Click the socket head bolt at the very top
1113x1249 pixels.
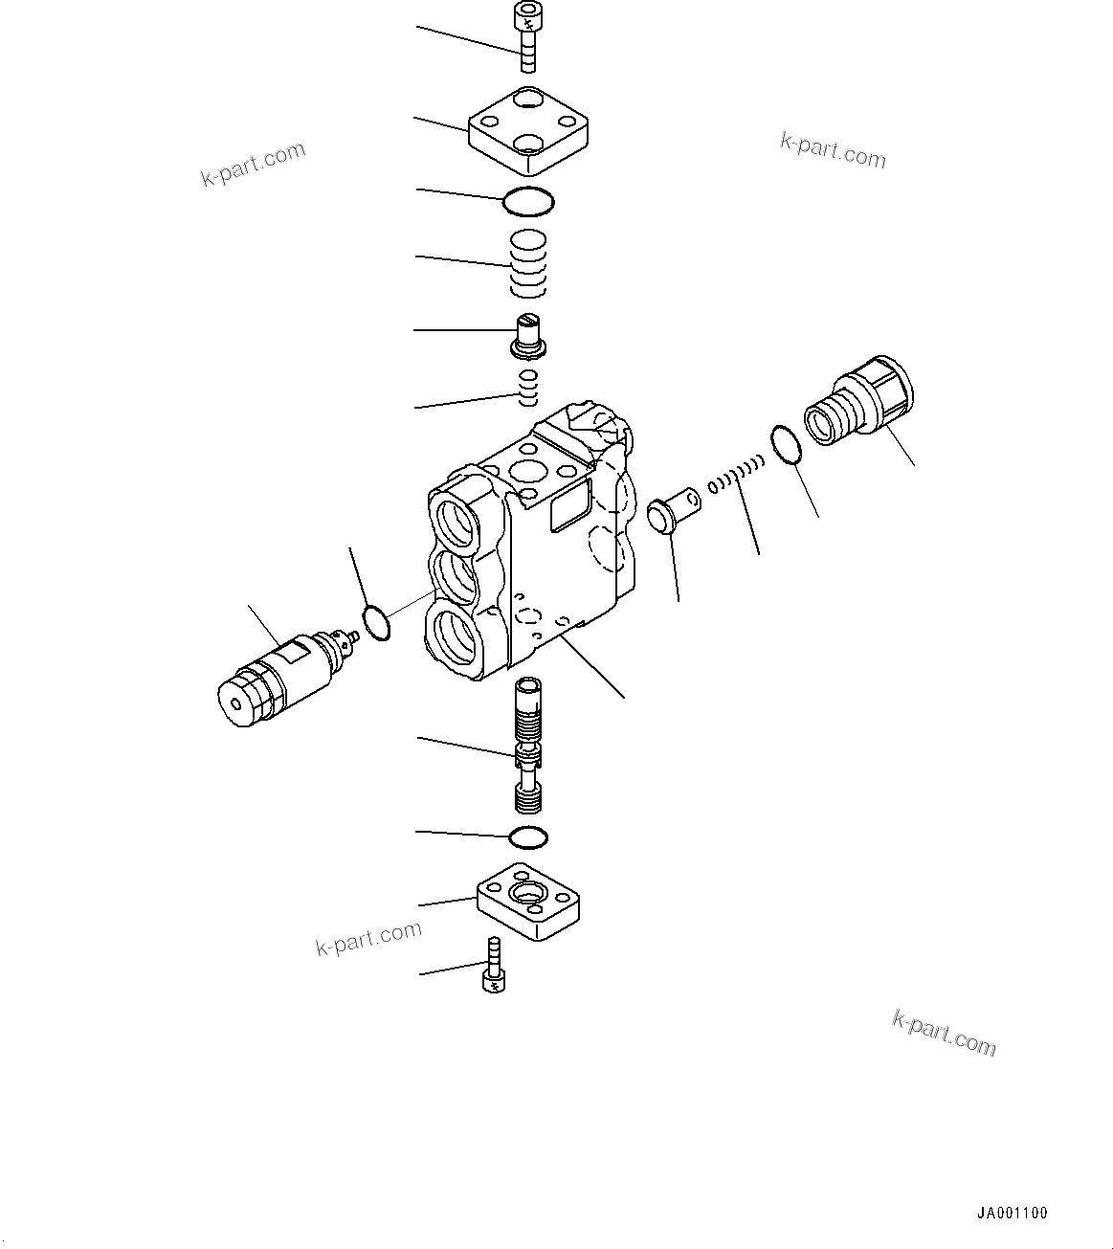525,37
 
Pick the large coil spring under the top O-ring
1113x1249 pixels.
526,262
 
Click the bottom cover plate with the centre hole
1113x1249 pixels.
529,901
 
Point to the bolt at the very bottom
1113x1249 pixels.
493,968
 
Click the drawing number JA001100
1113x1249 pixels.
1013,1213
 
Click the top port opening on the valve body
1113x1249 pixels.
456,522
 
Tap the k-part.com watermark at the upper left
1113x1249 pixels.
253,163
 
